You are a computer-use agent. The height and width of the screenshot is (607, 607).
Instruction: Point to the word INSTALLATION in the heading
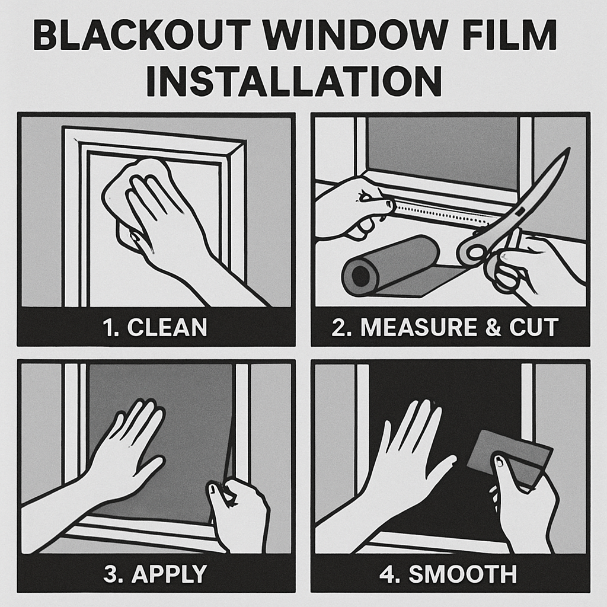[294, 81]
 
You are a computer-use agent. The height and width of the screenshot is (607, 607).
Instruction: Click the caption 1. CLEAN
[155, 327]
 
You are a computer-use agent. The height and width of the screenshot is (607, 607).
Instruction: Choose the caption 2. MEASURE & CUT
[445, 327]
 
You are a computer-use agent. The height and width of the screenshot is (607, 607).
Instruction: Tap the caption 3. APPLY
[155, 574]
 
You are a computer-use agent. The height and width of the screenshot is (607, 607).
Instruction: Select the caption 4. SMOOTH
[448, 574]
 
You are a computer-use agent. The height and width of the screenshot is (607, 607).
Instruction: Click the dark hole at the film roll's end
[360, 276]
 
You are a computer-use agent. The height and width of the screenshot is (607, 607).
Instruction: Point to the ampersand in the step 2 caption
[493, 327]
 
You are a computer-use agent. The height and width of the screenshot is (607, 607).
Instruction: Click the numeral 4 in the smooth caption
[386, 574]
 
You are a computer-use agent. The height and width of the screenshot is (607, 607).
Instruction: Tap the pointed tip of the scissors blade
[568, 149]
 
